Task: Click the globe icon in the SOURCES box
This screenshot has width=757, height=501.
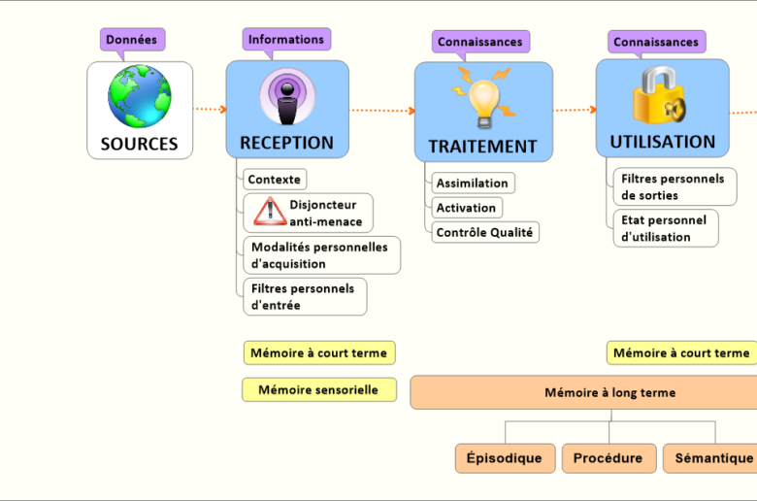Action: [x=140, y=96]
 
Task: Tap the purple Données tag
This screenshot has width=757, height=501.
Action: [x=132, y=39]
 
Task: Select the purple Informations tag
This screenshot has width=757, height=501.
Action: [x=286, y=39]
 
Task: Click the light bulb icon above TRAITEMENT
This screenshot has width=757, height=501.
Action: [x=483, y=97]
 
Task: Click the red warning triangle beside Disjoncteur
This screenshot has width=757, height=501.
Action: [x=264, y=212]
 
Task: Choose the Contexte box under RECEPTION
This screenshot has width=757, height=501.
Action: [x=275, y=180]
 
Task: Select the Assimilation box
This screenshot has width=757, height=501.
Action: [x=472, y=183]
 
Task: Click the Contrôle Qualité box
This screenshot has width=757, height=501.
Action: [x=484, y=232]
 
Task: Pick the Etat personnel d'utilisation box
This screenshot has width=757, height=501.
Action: [x=665, y=228]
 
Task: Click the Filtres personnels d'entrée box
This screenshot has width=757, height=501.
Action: [x=304, y=296]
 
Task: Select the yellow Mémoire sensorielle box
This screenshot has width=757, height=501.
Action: [x=318, y=389]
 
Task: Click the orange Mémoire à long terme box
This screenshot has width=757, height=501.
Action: [x=582, y=392]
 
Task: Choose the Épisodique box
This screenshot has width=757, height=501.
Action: [x=505, y=458]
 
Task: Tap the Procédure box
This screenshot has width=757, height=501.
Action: [x=608, y=458]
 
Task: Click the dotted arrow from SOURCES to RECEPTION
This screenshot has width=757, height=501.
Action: [x=210, y=110]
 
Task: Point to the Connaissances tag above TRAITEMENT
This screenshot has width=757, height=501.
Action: [x=479, y=42]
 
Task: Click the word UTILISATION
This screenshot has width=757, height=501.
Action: [x=662, y=142]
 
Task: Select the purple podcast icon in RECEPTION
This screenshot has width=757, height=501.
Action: [x=286, y=98]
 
